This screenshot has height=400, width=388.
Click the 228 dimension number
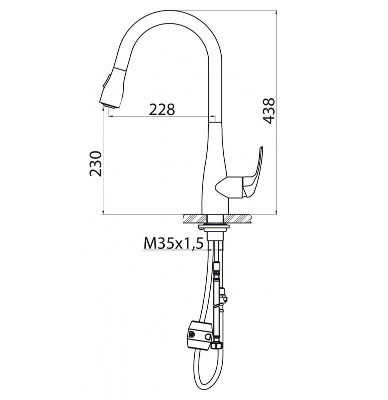pos(162,109)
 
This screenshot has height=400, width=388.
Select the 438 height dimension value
pos(269,110)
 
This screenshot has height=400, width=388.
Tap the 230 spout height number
pos(95,163)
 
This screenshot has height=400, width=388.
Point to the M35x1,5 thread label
pos(173,243)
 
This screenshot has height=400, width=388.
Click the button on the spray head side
pos(106,80)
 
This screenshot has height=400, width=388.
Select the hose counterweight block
pos(200,335)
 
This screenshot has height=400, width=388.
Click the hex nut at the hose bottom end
pos(217,345)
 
